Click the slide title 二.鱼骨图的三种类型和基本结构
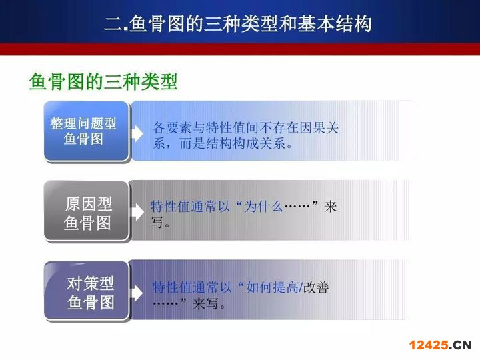coord(238,23)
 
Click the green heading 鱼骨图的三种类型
coord(103,81)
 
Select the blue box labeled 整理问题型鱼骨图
coord(86,131)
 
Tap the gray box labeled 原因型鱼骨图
coord(86,211)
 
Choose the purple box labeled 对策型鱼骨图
coord(86,291)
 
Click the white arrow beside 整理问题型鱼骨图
coord(137,133)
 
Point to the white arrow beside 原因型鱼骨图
coord(137,212)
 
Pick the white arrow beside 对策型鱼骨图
coord(137,292)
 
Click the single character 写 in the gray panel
coord(157,221)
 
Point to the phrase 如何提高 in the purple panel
coord(273,287)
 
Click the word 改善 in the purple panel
coord(316,287)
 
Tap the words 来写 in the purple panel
coord(206,303)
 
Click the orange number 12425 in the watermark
coord(429,345)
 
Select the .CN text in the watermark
coord(461,345)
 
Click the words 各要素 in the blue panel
coord(173,127)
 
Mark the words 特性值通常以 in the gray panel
coord(190,206)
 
